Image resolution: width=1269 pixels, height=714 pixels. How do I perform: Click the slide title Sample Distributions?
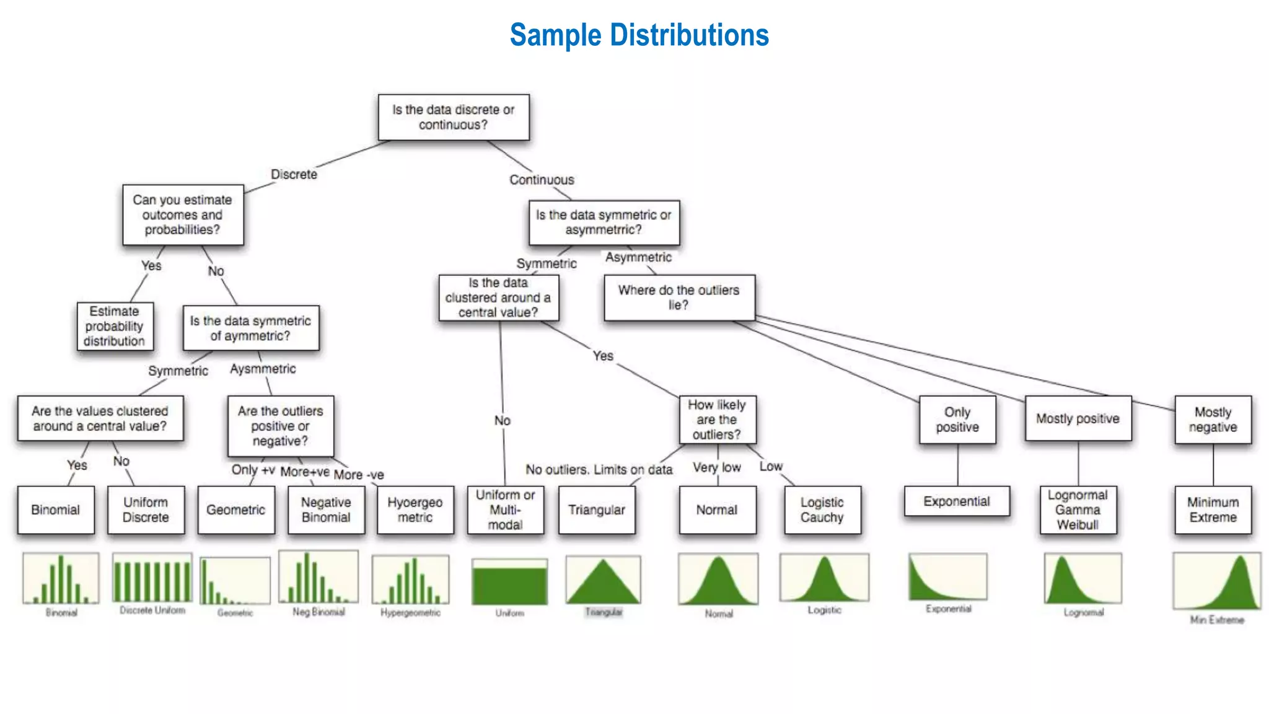pos(639,35)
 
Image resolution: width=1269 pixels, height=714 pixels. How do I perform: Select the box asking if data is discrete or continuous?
pos(454,117)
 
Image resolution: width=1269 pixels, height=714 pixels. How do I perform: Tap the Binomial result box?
pos(56,509)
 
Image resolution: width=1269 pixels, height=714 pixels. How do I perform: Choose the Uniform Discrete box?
pos(146,509)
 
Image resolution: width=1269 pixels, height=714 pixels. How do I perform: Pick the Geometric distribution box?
pos(236,509)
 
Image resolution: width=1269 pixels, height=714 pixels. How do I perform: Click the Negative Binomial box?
pos(326,509)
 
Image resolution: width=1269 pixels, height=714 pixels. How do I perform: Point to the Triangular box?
pos(597,509)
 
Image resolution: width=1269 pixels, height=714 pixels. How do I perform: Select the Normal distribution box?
pos(717,509)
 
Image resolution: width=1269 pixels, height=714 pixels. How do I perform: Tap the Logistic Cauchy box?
pos(822,509)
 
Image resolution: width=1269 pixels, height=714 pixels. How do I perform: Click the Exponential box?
pos(957,501)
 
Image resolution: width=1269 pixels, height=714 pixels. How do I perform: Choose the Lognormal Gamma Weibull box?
pos(1078,509)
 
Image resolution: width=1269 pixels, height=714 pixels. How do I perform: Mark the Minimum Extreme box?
pos(1213,509)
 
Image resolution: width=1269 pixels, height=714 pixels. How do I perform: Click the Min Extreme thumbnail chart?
pos(1216,581)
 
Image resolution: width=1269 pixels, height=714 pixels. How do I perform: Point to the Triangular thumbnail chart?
pos(603,580)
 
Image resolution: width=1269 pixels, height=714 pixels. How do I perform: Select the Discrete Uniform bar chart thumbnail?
pos(152,578)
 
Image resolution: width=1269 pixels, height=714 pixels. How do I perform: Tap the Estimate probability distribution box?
pos(115,326)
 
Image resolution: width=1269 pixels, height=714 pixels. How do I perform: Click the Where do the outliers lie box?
pos(679,297)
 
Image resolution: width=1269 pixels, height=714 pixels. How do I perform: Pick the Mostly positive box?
pos(1078,418)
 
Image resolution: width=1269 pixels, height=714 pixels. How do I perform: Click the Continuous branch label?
pos(542,180)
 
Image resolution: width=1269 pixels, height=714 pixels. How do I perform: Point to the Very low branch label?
pos(716,467)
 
